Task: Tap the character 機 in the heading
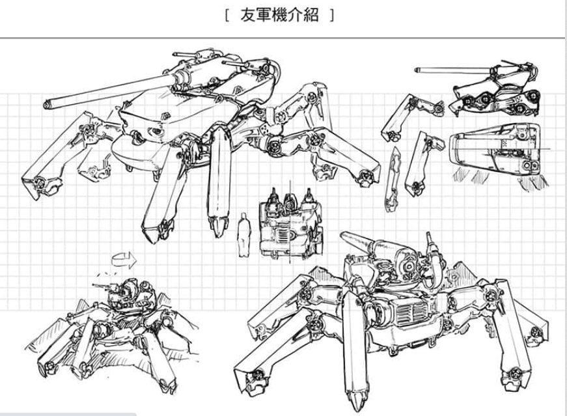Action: point(282,16)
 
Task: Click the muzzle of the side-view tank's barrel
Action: point(416,67)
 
